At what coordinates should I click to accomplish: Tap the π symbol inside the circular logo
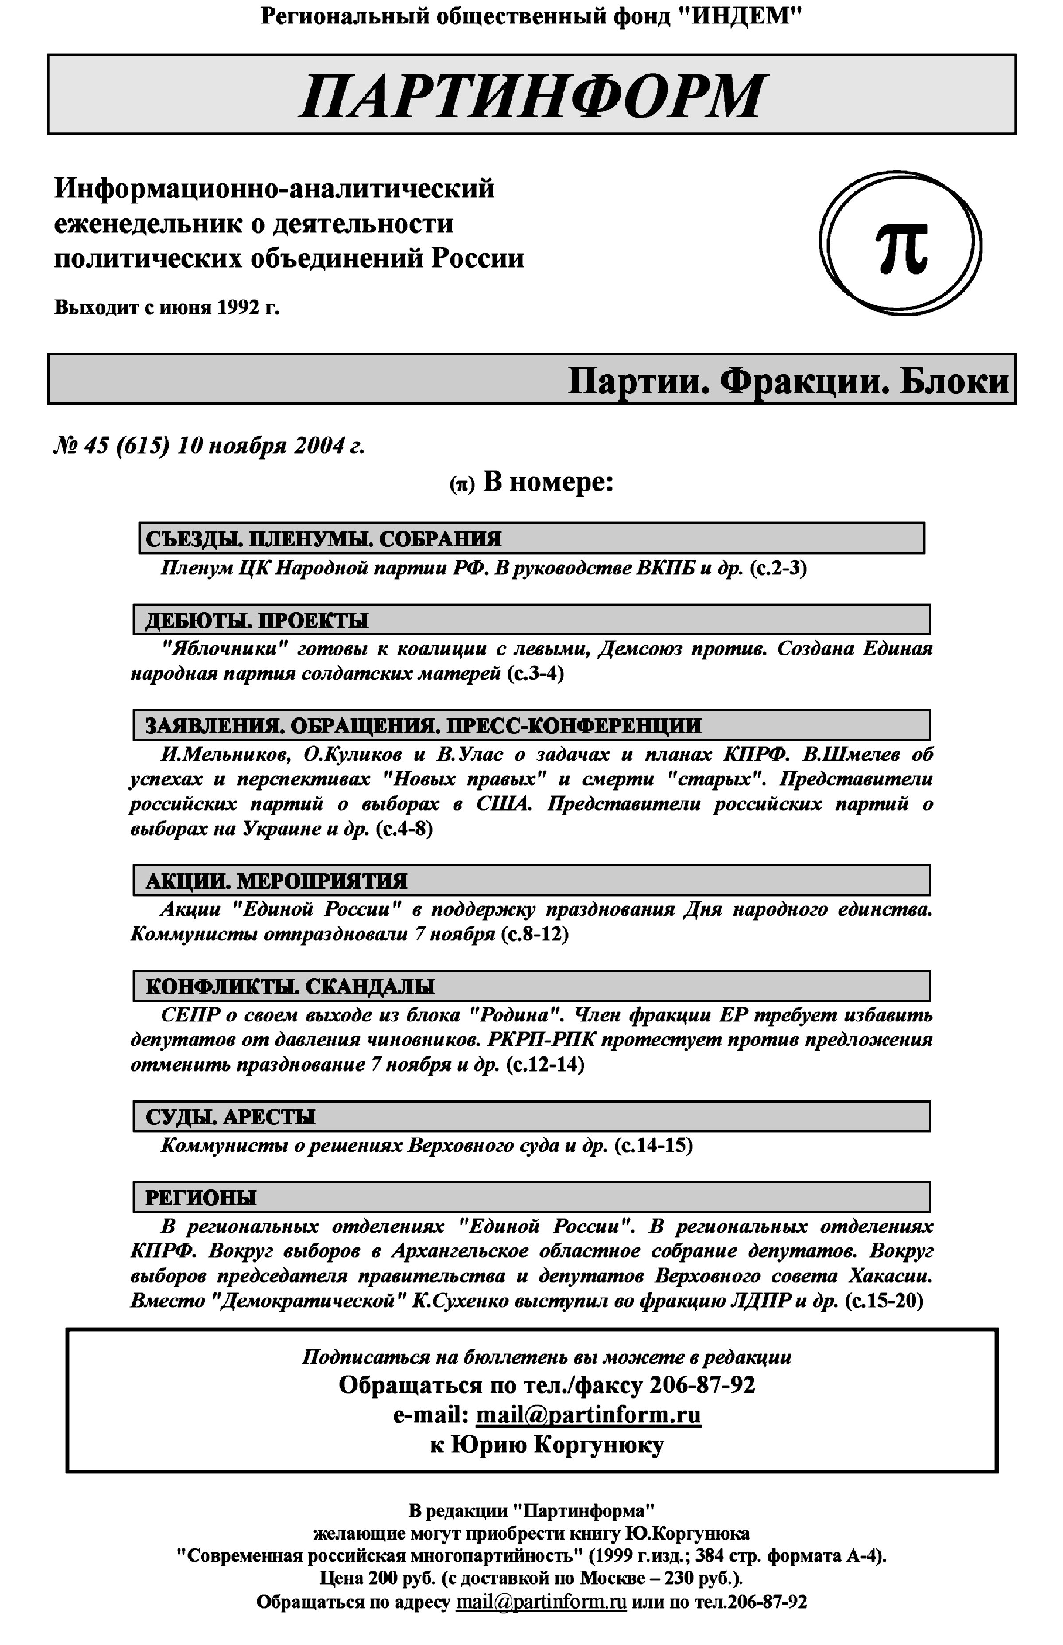(x=901, y=247)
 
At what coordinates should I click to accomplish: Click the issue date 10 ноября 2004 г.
(x=271, y=446)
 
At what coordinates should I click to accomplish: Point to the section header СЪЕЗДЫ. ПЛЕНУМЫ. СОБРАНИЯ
(x=323, y=539)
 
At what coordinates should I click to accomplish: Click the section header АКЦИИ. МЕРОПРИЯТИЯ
(x=276, y=881)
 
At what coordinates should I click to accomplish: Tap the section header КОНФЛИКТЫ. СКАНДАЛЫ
(x=290, y=986)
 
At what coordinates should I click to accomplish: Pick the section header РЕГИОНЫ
(x=200, y=1197)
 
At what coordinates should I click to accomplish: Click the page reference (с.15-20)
(x=884, y=1301)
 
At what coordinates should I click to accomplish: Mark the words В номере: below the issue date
(x=547, y=482)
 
